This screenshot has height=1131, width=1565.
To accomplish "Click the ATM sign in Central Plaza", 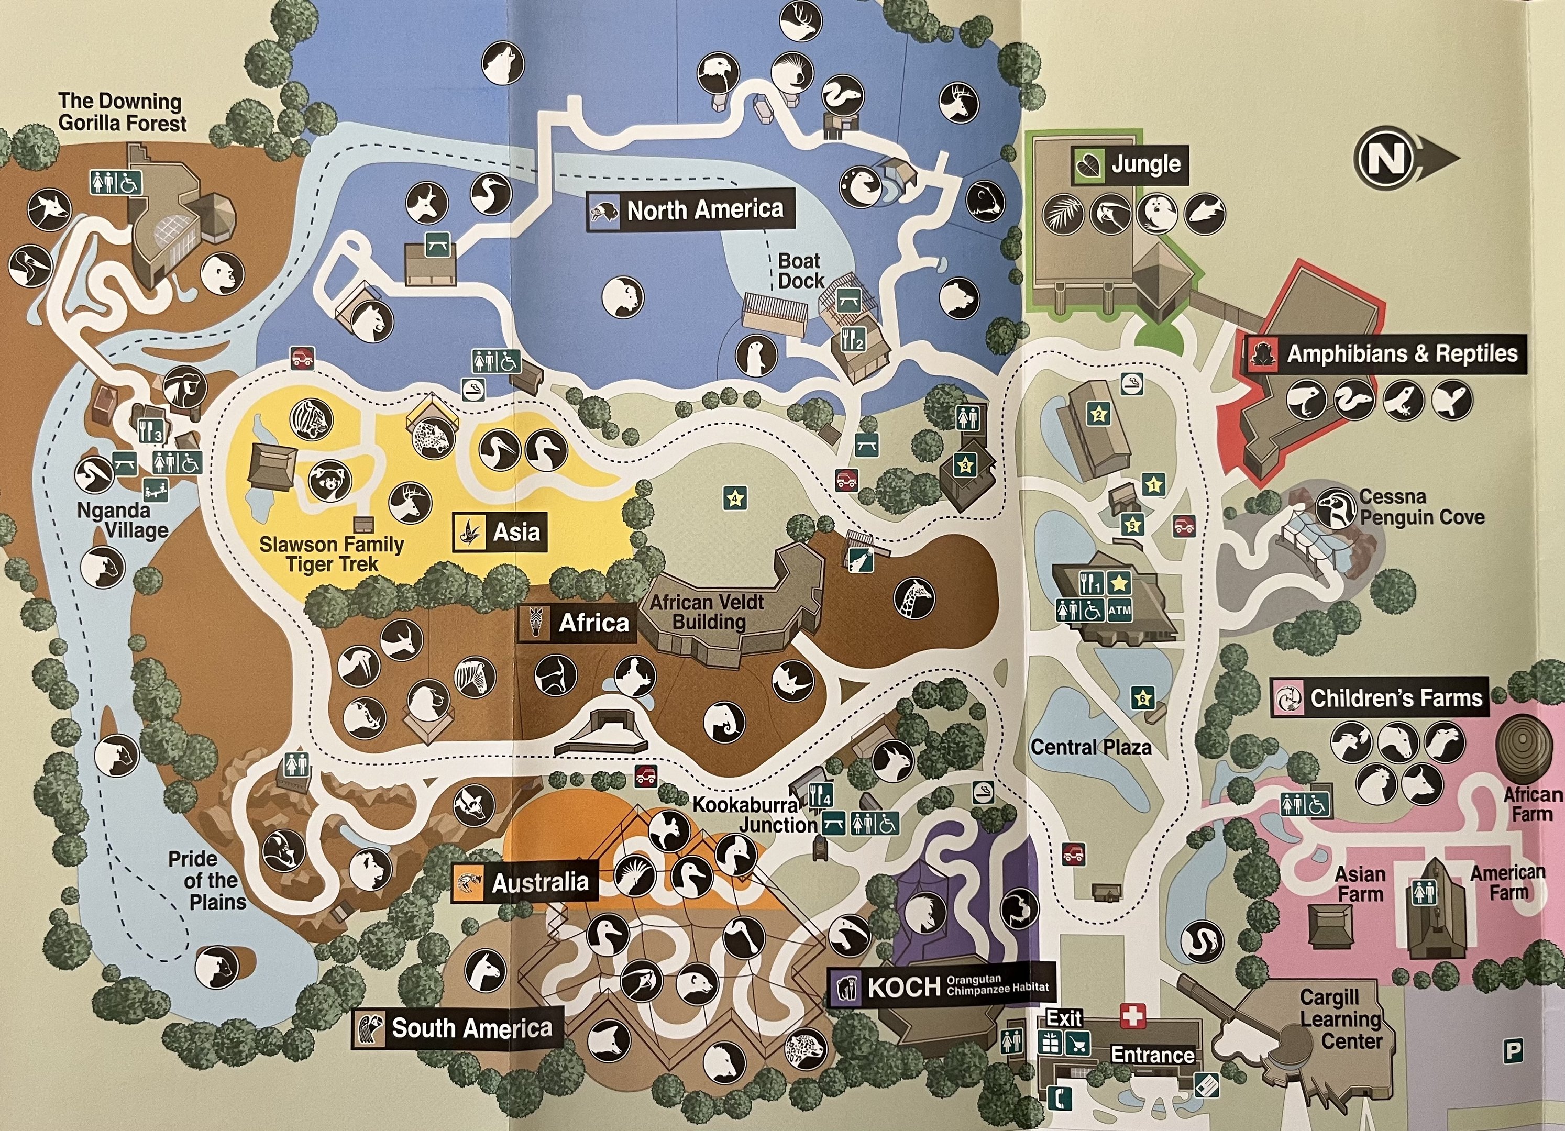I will (1119, 609).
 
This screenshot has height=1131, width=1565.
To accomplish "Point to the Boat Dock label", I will (800, 271).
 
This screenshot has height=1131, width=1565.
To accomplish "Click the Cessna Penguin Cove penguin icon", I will (1335, 508).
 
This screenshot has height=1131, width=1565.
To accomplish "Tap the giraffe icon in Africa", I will (914, 598).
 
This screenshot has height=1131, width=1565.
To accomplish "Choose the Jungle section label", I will (1145, 165).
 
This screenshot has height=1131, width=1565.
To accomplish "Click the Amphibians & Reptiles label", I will (1402, 354).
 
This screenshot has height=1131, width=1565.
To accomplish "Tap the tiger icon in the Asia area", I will (311, 420).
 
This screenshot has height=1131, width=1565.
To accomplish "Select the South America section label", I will (472, 1028).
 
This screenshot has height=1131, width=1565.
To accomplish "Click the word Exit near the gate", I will (1063, 1018).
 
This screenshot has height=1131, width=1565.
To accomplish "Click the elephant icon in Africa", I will (724, 722).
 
